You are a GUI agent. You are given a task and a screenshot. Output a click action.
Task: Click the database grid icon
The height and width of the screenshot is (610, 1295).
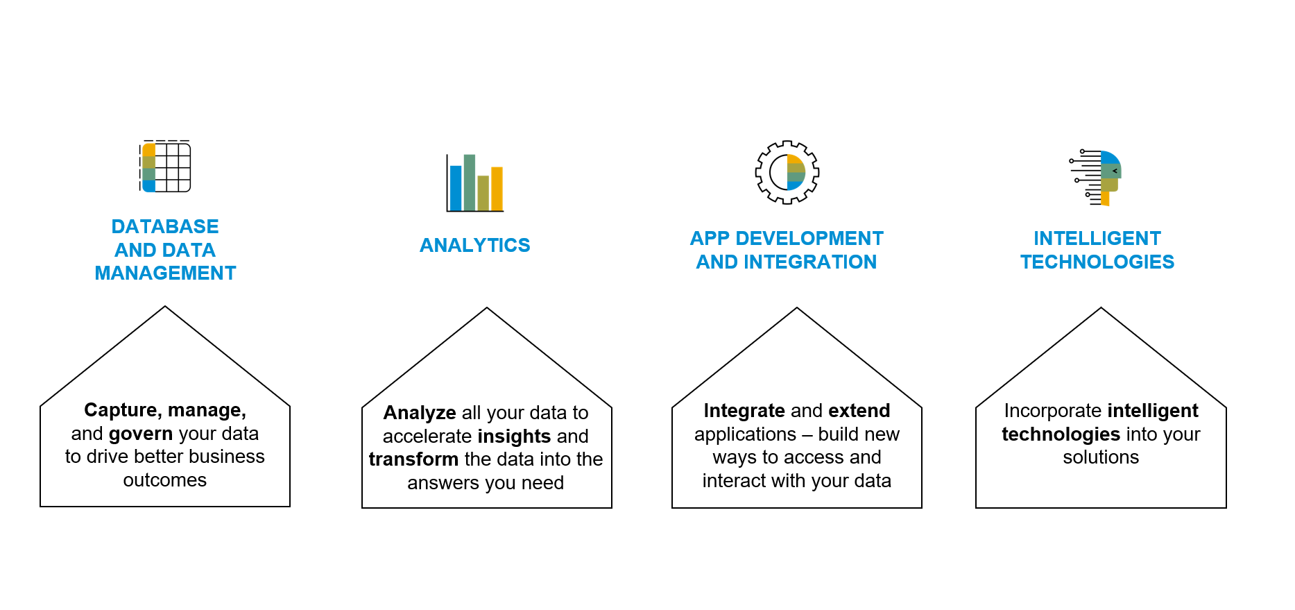click(165, 167)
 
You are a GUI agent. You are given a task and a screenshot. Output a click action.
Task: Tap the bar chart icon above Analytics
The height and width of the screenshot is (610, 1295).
click(475, 183)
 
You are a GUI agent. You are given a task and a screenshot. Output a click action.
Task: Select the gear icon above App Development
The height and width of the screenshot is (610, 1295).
click(787, 172)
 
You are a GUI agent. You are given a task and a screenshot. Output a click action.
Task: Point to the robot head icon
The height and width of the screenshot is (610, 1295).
click(1098, 178)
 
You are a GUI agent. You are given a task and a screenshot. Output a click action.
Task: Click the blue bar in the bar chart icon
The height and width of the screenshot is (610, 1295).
click(456, 187)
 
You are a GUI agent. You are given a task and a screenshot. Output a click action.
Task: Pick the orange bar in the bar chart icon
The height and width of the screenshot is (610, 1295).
click(497, 188)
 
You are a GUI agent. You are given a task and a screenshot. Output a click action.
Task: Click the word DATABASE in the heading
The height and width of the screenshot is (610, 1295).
click(165, 227)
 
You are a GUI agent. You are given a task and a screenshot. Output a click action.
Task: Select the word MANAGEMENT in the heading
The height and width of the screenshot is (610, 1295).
click(165, 273)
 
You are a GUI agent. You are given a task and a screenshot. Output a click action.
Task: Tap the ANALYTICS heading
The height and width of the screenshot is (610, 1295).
click(475, 246)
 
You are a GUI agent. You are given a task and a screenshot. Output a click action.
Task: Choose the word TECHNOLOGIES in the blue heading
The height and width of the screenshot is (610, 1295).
click(1097, 262)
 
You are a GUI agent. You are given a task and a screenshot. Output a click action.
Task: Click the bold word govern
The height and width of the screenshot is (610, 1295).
click(141, 434)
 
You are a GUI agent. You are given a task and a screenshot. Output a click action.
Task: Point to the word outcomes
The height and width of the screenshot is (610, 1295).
click(165, 480)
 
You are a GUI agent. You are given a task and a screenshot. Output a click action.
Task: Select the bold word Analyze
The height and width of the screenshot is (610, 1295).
click(420, 413)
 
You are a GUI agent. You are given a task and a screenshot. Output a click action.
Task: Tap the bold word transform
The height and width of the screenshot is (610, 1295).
click(413, 459)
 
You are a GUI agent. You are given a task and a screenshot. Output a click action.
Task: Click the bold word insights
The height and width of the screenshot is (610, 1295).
click(514, 437)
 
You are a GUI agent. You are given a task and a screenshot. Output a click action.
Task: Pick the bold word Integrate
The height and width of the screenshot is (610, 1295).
click(744, 411)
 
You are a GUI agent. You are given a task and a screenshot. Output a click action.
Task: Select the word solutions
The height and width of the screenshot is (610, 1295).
click(1101, 457)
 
